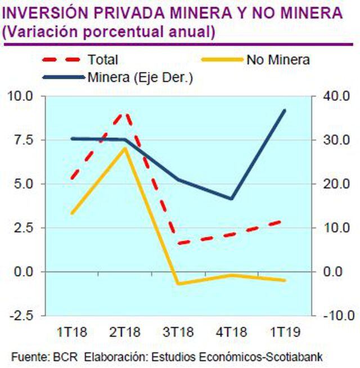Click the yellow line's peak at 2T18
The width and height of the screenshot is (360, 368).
pyautogui.click(x=125, y=149)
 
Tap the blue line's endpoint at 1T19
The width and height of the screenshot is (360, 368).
pyautogui.click(x=285, y=110)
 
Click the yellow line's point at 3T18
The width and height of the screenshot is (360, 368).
pyautogui.click(x=178, y=284)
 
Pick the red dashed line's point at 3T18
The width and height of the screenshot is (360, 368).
pyautogui.click(x=178, y=244)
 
